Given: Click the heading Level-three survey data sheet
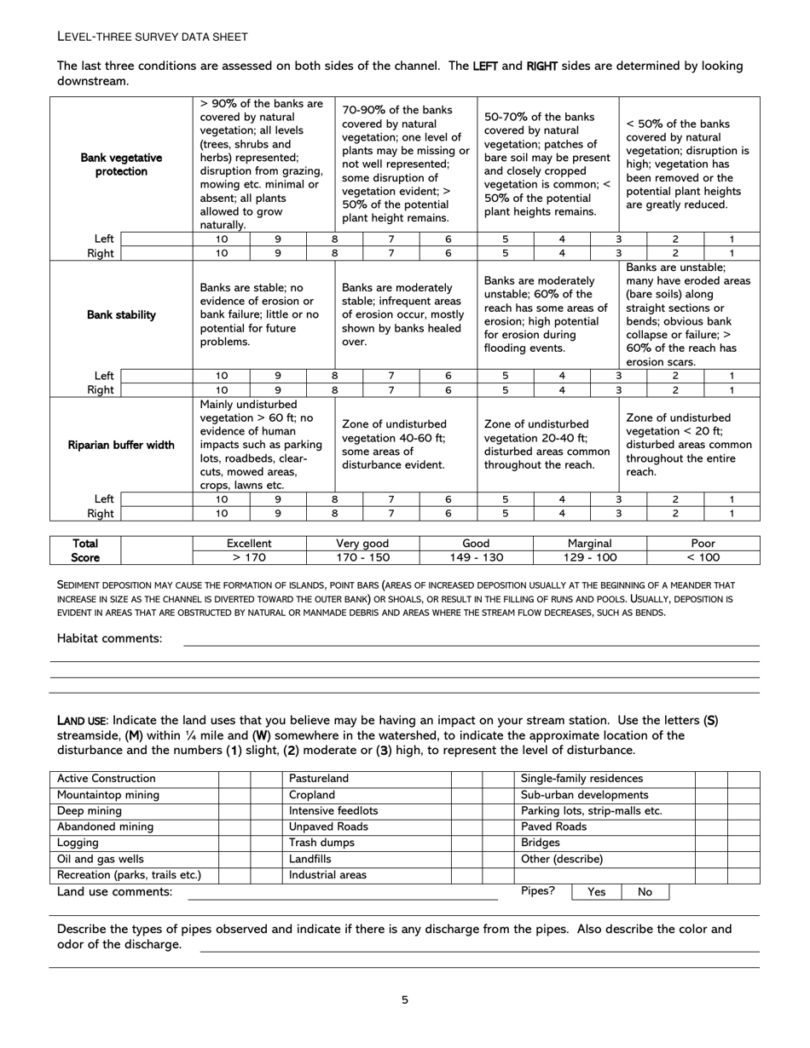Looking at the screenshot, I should (153, 37).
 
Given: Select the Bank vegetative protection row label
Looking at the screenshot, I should (121, 164).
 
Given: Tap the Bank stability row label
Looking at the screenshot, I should (121, 315).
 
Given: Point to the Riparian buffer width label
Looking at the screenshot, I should (121, 445).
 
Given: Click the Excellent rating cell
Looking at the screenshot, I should (249, 544).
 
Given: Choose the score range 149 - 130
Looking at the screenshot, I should (476, 558).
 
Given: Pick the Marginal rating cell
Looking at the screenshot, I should (589, 544).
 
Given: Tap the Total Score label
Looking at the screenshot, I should (85, 550).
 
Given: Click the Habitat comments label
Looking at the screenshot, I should (109, 638).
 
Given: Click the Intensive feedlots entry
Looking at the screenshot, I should (333, 811).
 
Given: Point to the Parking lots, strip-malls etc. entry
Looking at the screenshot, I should (591, 811).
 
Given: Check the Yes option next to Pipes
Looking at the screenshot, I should (597, 892).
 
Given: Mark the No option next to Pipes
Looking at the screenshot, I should (645, 892).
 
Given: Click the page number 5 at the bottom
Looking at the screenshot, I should (405, 1000).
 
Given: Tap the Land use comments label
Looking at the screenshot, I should (114, 892).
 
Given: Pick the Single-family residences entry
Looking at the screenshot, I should (581, 779).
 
